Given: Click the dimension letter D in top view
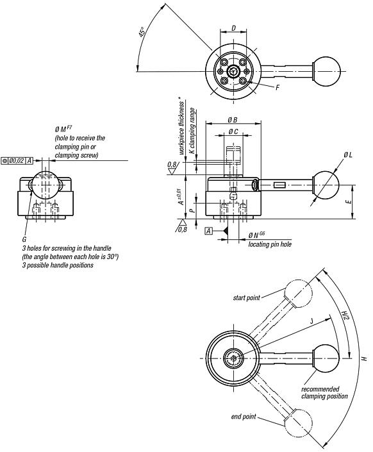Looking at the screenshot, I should pos(233,28).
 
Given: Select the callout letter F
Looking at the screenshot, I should pos(276,87).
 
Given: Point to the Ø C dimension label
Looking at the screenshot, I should pos(233,133).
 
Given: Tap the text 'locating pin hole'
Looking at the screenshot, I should pos(269,245).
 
